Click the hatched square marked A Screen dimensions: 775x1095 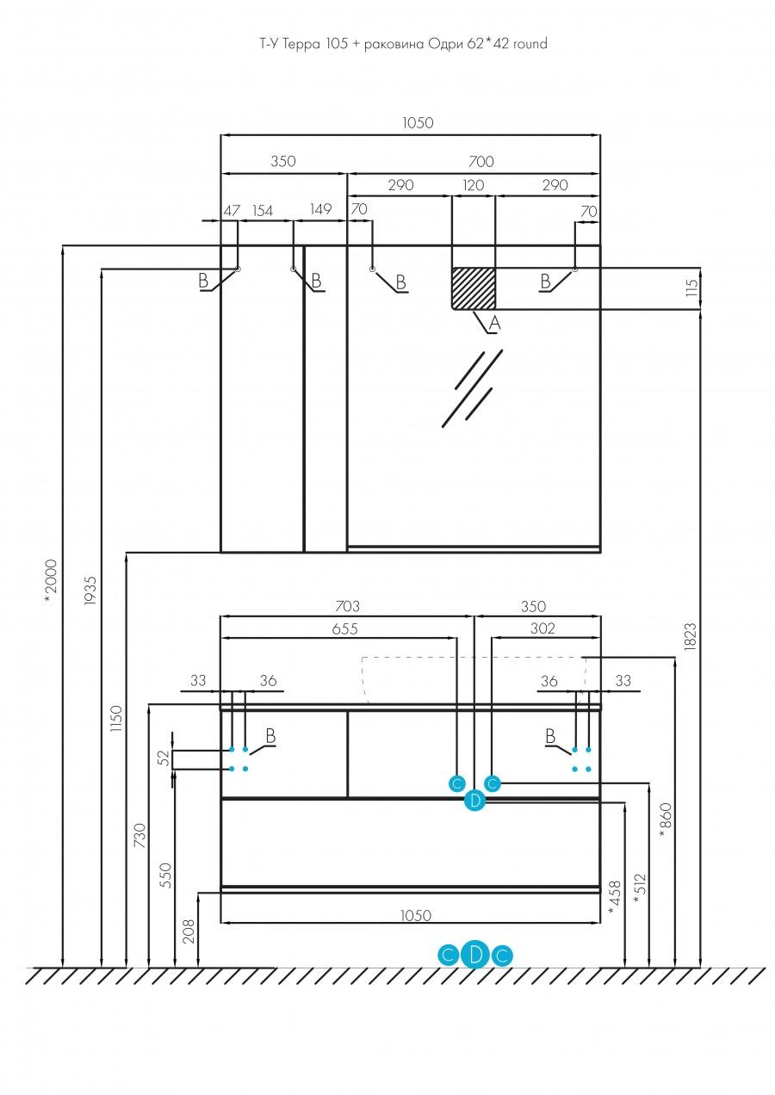(474, 288)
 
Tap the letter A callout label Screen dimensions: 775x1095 (494, 323)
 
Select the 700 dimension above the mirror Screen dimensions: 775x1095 (481, 161)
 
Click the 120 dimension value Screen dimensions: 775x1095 (473, 185)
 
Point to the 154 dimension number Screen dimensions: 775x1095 (262, 211)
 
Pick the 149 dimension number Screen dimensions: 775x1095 (320, 209)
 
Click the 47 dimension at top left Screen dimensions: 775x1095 (232, 211)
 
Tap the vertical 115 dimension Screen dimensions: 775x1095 (691, 288)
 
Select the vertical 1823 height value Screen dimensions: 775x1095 (690, 636)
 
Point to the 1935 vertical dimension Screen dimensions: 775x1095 (90, 591)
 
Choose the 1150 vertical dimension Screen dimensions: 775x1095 (116, 719)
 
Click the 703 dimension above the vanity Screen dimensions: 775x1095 (347, 606)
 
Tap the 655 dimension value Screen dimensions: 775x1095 (345, 628)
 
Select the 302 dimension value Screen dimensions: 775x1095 (542, 628)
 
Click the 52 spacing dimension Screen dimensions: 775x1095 (164, 758)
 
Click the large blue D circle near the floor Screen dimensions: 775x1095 (475, 954)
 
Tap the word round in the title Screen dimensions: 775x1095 (530, 44)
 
